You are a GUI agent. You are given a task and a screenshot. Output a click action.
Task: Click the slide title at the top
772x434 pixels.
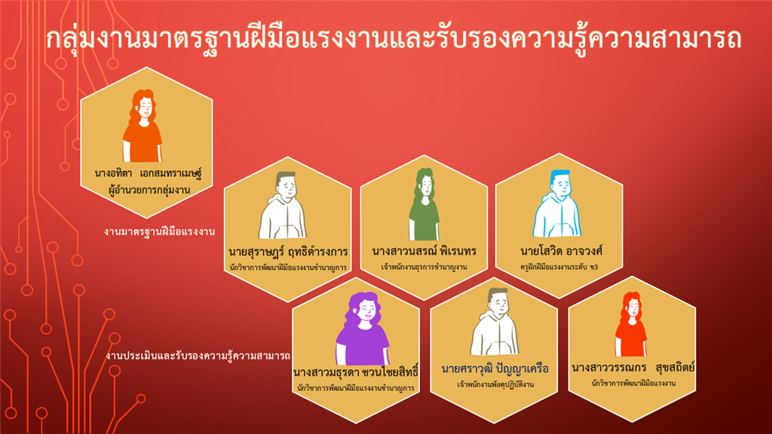point(394,39)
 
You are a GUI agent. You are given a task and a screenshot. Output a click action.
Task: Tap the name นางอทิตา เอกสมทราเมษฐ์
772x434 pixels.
point(149,173)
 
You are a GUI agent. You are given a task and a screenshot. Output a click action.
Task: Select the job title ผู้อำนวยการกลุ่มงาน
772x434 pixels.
point(149,189)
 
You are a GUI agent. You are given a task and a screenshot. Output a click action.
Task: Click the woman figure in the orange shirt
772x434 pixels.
point(142,126)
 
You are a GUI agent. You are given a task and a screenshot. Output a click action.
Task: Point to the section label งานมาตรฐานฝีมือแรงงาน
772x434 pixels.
point(160,231)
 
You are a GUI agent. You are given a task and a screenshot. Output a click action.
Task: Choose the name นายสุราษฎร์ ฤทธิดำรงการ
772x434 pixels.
point(289,252)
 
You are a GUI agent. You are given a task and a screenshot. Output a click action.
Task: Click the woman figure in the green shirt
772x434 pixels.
point(424,203)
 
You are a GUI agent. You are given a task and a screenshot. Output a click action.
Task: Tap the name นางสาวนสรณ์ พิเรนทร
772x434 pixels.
point(424,251)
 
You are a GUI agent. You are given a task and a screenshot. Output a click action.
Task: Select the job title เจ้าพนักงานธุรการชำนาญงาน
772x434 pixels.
point(424,267)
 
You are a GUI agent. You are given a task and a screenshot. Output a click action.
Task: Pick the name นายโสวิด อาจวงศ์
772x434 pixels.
point(561,251)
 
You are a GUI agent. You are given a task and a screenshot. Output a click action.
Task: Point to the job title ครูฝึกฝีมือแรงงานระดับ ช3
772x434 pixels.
point(559,267)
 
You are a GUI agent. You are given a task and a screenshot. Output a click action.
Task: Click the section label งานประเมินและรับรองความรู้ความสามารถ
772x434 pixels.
point(198,356)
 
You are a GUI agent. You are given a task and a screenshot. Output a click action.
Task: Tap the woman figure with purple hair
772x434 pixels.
point(363,329)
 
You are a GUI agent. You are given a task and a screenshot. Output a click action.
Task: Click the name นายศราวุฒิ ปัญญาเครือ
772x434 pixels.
point(495,368)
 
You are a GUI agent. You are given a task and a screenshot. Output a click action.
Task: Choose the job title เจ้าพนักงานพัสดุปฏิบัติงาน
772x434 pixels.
point(495,384)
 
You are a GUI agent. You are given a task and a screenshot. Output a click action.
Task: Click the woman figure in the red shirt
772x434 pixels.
point(631,324)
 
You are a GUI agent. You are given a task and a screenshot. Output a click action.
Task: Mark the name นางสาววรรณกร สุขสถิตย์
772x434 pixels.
point(633,368)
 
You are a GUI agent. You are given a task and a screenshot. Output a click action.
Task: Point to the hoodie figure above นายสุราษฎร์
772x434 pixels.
point(283,205)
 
